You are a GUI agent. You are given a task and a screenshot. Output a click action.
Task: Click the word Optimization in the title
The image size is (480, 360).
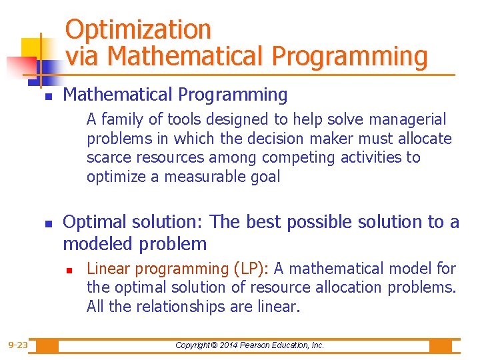click(138, 29)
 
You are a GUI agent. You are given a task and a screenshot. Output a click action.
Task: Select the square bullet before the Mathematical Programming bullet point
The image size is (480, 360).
click(48, 97)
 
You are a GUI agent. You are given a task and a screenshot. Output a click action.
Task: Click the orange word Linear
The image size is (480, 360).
click(107, 269)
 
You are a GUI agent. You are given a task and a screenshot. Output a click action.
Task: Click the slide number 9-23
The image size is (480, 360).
click(18, 345)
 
